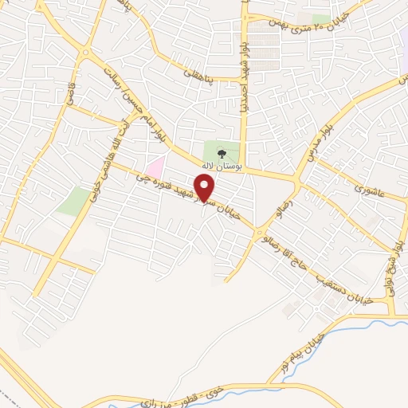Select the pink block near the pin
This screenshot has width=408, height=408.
click(x=155, y=167)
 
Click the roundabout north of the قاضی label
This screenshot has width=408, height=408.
click(x=85, y=53)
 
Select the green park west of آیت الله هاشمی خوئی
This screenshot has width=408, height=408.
click(x=76, y=200)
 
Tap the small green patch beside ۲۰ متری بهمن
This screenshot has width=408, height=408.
click(x=321, y=18)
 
